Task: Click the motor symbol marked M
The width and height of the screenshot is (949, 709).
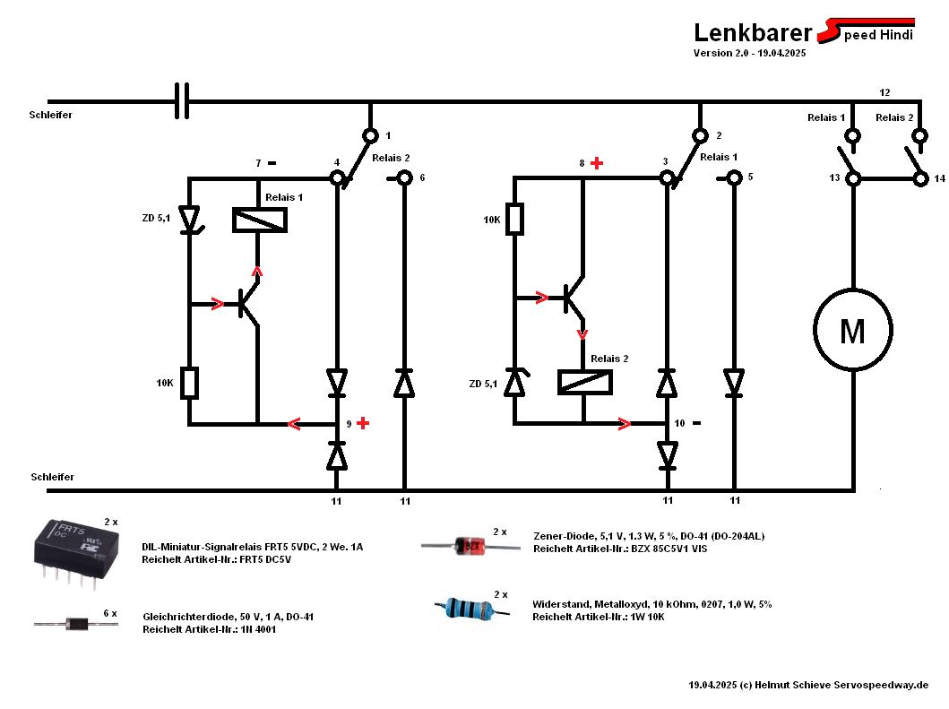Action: click(x=851, y=331)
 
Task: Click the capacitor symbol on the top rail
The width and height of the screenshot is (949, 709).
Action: click(x=182, y=101)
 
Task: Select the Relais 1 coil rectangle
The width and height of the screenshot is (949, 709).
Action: click(x=260, y=220)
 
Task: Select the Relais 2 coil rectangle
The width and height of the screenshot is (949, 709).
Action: click(x=584, y=382)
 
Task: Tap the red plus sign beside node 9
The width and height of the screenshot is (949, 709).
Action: click(x=363, y=423)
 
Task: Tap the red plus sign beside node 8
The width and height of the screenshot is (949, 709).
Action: click(x=597, y=163)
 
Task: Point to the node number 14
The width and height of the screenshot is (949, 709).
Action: click(x=939, y=178)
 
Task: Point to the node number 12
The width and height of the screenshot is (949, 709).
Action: click(x=884, y=92)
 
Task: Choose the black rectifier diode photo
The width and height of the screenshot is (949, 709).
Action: click(x=75, y=622)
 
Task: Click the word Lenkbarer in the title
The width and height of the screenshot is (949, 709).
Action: click(x=752, y=33)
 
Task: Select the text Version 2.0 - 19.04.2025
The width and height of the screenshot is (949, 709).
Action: click(x=749, y=54)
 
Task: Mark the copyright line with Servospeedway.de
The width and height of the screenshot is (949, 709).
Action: click(x=808, y=685)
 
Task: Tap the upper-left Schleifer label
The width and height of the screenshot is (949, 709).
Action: click(x=50, y=116)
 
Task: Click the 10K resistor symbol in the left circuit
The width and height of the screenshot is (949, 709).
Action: click(x=189, y=383)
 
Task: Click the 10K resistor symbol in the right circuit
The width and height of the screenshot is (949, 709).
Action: click(x=514, y=220)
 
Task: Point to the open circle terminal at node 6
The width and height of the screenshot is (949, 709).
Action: click(x=404, y=178)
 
